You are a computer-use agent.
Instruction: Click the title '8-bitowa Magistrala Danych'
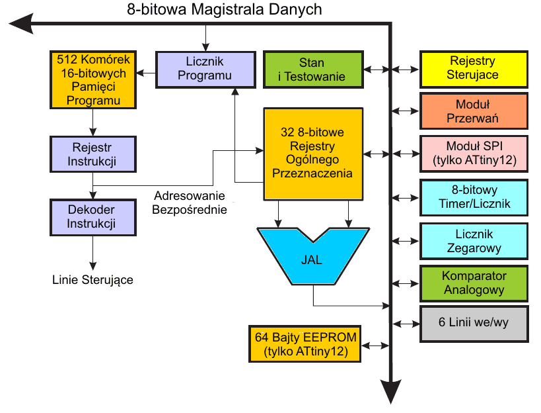pos(224,10)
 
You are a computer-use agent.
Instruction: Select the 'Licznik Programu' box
pos(205,69)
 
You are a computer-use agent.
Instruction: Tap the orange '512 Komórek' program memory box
pos(92,79)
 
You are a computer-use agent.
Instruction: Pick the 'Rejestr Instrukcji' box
pos(92,154)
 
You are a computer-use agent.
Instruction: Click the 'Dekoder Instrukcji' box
pos(92,216)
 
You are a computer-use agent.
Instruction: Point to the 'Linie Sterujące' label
pos(92,280)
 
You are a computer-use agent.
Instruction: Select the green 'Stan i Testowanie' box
pos(313,69)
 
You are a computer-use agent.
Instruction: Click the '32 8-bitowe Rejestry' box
pos(313,154)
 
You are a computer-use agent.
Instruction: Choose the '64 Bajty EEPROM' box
pos(305,344)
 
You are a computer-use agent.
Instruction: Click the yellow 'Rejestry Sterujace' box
pos(474,69)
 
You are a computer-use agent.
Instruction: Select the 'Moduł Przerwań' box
pos(474,111)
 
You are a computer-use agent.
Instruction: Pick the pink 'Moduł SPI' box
pos(474,154)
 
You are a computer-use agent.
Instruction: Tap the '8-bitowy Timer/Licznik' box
pos(474,197)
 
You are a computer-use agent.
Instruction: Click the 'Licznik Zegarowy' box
pos(474,240)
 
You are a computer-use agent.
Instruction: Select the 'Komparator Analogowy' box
pos(474,283)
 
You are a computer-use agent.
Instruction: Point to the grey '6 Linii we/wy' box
pos(474,324)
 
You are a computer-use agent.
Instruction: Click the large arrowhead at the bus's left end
pos(21,24)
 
